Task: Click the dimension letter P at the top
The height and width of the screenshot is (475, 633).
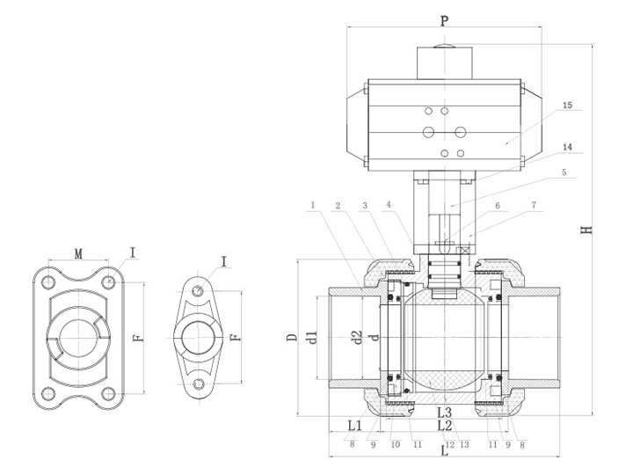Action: coord(444,18)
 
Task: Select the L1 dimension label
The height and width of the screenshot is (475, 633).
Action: coord(354,424)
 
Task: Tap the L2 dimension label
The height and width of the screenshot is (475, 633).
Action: coord(444,426)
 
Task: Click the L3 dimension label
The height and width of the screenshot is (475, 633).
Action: coord(445,412)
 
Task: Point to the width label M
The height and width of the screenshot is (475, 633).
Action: coord(78,254)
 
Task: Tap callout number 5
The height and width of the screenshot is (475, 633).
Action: coord(567,173)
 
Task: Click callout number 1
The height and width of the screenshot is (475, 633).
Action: coord(312,207)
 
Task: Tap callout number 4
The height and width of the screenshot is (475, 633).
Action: coord(387,207)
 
